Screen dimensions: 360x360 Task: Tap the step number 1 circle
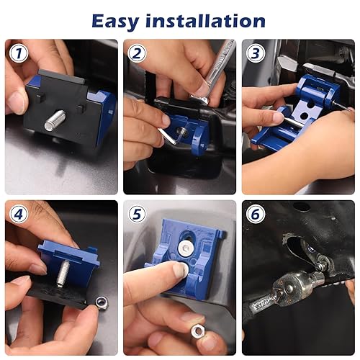tap(18, 53)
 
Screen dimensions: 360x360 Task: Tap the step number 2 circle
tap(138, 53)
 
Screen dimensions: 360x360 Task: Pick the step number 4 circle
tap(18, 214)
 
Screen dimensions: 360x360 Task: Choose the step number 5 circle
tap(138, 214)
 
